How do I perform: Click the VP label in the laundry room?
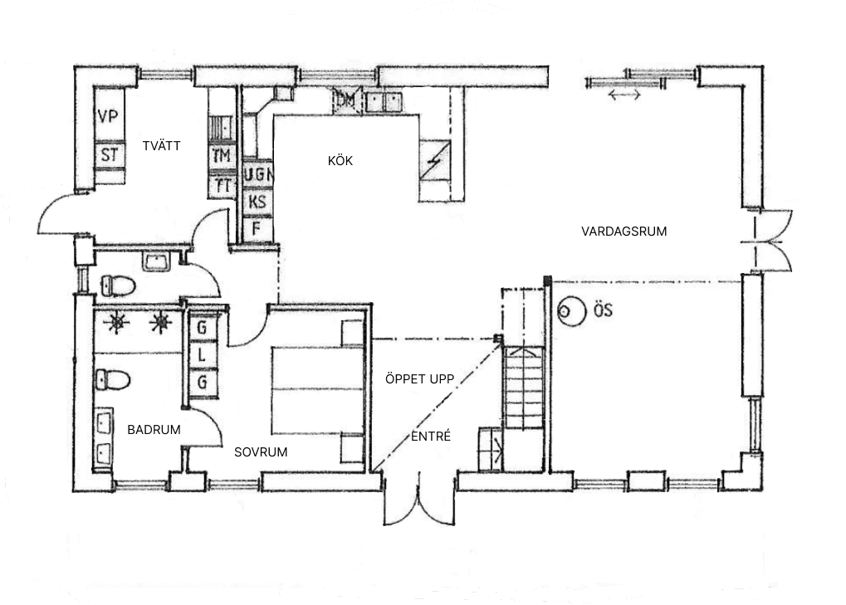tap(108, 117)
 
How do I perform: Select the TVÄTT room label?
tap(161, 146)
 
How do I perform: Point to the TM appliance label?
tap(221, 156)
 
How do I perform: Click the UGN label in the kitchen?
tap(259, 175)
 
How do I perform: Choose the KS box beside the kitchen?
tap(258, 202)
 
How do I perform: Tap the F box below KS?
tap(257, 227)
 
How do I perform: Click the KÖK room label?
tap(340, 161)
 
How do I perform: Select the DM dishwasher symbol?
tap(346, 101)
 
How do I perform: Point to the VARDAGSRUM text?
tap(623, 232)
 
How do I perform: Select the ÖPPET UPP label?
tap(419, 379)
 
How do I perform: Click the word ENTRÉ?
tap(431, 436)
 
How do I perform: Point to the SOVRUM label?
tap(260, 452)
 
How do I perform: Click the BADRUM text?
tap(154, 430)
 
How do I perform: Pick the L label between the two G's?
tap(200, 354)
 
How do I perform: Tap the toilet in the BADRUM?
tap(113, 380)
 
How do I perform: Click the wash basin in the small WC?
tap(156, 263)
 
